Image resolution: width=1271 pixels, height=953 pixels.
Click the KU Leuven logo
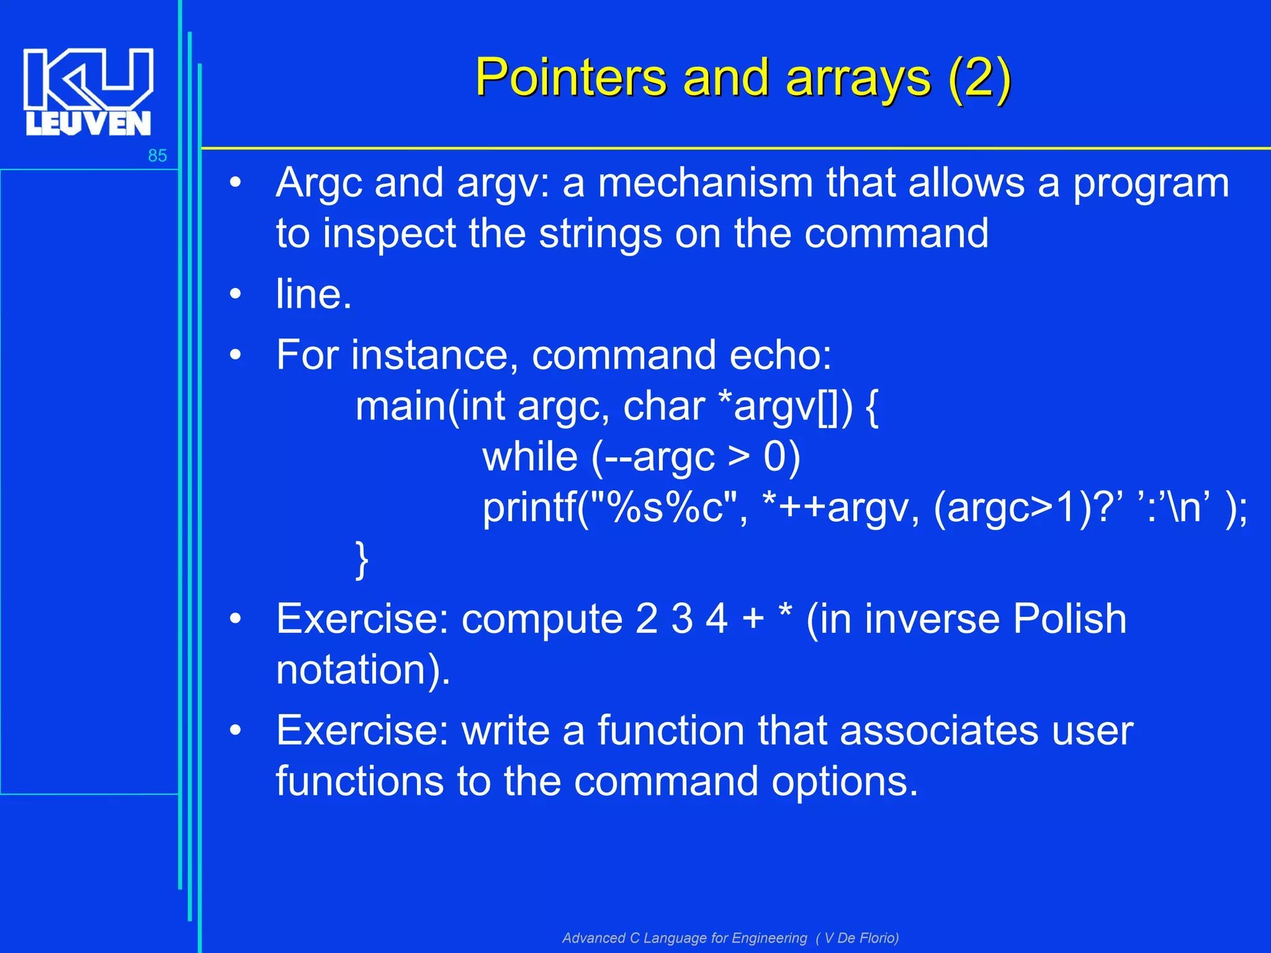(x=88, y=92)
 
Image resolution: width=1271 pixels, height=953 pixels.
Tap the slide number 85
(x=157, y=156)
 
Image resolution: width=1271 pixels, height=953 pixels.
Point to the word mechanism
(x=704, y=184)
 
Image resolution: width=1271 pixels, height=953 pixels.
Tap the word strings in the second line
(x=601, y=235)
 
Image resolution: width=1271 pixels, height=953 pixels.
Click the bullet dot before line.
(x=235, y=294)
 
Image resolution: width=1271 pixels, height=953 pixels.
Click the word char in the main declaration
(x=663, y=406)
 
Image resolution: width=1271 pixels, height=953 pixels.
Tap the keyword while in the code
(x=530, y=457)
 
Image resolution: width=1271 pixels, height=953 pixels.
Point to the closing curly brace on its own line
(x=362, y=559)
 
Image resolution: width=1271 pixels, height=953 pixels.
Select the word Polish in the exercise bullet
(x=1069, y=619)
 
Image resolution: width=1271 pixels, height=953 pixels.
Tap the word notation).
(x=363, y=670)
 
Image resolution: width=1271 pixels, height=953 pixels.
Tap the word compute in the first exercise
(x=542, y=619)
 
